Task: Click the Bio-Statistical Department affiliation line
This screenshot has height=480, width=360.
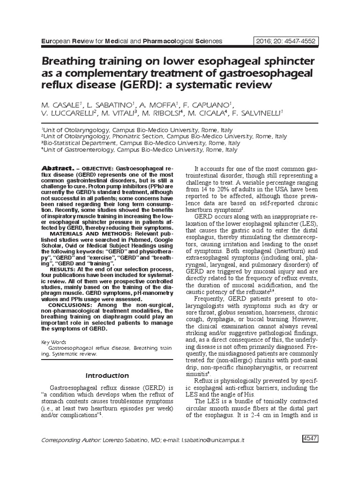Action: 141,143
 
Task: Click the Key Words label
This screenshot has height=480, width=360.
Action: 53,342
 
